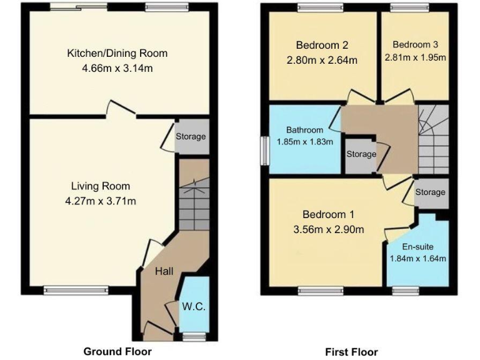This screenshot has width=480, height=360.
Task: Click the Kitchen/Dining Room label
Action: coord(117,53)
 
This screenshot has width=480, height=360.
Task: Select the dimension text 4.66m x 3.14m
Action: coord(117,68)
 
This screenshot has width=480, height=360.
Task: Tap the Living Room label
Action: coord(100,186)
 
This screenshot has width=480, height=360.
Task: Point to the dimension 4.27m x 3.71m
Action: coord(100,201)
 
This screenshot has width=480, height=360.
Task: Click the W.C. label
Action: coord(194,307)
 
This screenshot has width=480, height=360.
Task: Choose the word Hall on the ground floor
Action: coord(164,271)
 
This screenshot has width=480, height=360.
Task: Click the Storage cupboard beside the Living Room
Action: coord(191,136)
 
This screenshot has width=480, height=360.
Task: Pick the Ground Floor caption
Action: coord(117,351)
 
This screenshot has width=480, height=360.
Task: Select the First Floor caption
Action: coord(351,352)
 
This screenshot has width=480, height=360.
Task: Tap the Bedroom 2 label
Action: coord(322,45)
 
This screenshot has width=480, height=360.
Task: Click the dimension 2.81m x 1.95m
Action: coord(416,57)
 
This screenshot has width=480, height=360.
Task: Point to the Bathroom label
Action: coord(304,130)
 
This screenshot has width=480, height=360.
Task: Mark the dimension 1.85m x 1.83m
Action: coord(304,142)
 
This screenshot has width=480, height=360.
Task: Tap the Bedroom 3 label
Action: coord(416,44)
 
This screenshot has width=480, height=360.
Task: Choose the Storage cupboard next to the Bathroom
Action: coord(361,154)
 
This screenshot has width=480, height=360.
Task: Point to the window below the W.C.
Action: coord(192,336)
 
